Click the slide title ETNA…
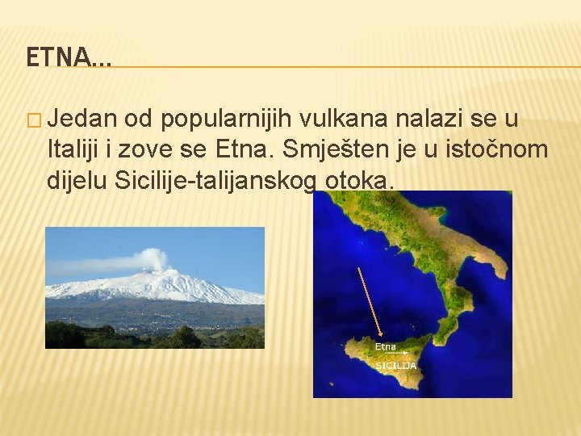point(69,57)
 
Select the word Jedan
point(80,120)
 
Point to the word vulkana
point(345,120)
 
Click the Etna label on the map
point(386,346)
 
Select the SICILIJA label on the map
point(395,365)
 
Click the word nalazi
point(436,120)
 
